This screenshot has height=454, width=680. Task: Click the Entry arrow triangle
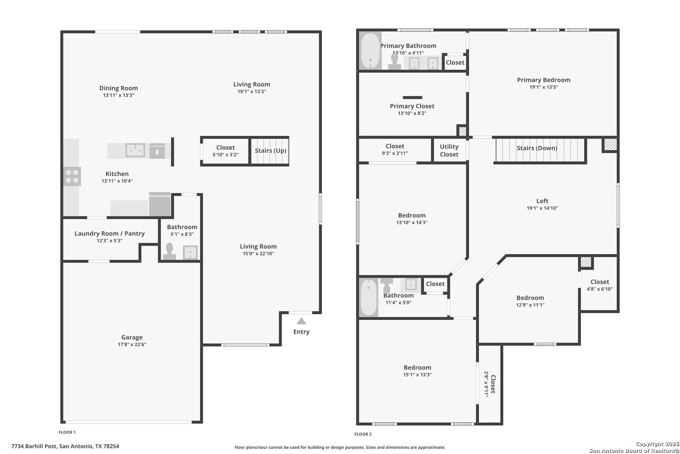pos(301,321)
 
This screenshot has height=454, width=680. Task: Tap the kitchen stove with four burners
pos(72,177)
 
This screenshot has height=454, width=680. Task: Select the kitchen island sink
pos(135,150)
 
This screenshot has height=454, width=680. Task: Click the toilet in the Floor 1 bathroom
pos(170,251)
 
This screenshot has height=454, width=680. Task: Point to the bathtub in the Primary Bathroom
pos(370,51)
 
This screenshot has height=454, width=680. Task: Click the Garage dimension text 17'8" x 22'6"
pos(132,345)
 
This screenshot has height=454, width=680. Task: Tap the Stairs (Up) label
pos(270,150)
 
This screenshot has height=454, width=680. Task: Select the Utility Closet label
pos(449,150)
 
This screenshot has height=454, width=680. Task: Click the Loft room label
pos(542,201)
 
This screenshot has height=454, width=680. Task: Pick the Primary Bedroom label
pos(544,80)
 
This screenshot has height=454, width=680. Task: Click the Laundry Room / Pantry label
pos(110,234)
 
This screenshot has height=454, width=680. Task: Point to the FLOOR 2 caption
pos(363,434)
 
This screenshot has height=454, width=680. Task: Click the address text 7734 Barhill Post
pos(34,446)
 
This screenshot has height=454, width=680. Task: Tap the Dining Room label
pos(119,88)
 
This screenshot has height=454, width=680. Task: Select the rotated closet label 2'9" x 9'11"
pos(486,384)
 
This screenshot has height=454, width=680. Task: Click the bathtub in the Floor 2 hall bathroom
pos(369,297)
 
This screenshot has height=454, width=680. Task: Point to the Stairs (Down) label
pos(537,148)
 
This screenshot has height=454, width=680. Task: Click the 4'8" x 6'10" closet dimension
pos(599,289)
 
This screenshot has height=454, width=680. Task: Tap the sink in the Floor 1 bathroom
pos(190,252)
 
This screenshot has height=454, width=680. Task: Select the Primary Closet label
pos(412,106)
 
